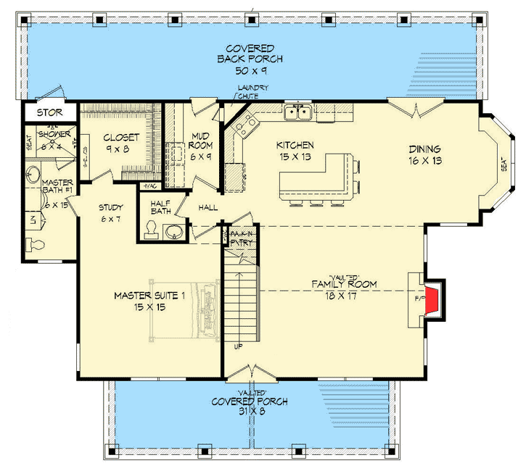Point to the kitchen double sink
coord(298,112)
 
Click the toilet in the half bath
coord(152,229)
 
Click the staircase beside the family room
coord(242,304)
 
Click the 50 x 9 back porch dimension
coord(249,71)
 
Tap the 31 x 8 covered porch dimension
coord(249,412)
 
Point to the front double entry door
coord(249,371)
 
